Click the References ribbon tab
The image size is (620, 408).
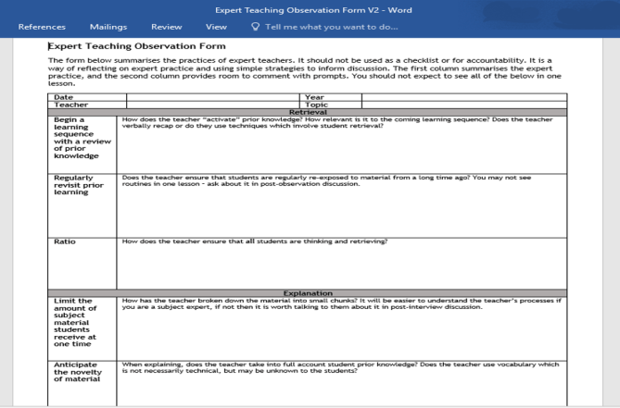(41, 27)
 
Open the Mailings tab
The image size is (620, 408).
(108, 27)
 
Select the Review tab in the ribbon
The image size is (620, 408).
(166, 27)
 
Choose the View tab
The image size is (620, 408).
(216, 27)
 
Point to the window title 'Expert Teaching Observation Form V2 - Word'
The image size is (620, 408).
(309, 8)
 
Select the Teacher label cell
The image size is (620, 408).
(69, 105)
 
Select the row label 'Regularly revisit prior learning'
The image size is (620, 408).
(78, 186)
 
